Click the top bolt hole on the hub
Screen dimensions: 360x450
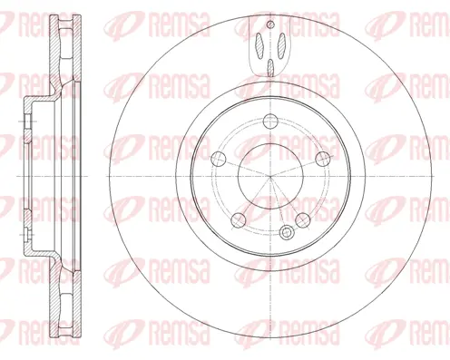269,122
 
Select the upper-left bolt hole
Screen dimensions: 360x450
218,159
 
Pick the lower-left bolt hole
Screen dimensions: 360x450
238,219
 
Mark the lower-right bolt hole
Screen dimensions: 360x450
300,219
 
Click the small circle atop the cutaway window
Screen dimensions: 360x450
269,25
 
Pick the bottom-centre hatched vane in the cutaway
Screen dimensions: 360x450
269,64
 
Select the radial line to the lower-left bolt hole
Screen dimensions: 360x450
253,198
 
